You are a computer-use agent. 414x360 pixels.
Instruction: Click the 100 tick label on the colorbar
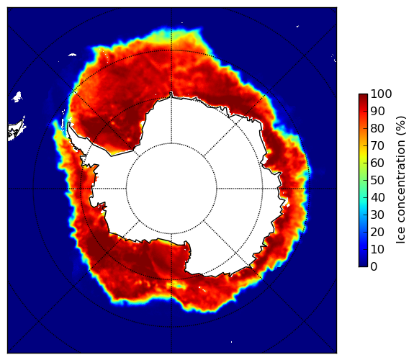(x=381, y=94)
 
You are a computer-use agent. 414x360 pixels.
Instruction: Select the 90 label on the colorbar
(x=377, y=111)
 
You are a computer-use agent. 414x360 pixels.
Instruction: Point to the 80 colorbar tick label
(x=377, y=129)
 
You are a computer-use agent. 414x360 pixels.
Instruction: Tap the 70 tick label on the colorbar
(x=377, y=145)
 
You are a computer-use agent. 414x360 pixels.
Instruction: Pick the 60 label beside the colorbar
(x=377, y=163)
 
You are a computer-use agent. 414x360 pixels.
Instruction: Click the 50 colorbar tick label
(x=377, y=181)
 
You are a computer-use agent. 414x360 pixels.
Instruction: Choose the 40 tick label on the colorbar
(x=377, y=197)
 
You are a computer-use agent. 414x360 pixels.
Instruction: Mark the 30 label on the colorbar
(x=377, y=215)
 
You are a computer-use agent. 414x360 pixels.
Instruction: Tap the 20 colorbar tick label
(x=377, y=232)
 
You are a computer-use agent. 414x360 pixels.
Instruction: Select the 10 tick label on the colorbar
(x=377, y=249)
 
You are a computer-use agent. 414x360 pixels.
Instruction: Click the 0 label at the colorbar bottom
(x=374, y=267)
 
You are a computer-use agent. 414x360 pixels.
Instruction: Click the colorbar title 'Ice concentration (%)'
(x=400, y=180)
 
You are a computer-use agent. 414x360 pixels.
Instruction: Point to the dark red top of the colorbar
(x=363, y=96)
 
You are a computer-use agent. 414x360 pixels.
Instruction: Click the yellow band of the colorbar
(x=363, y=155)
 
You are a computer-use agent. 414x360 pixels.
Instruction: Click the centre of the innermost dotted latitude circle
(x=171, y=189)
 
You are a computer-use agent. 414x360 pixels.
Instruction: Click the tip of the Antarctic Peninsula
(x=69, y=123)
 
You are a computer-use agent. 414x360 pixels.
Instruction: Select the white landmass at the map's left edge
(x=17, y=130)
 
